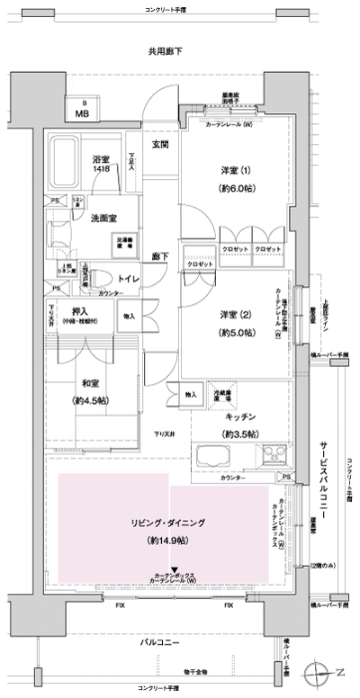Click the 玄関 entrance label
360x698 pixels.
click(160, 146)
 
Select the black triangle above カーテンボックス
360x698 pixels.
click(175, 570)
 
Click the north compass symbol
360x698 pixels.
click(320, 671)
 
